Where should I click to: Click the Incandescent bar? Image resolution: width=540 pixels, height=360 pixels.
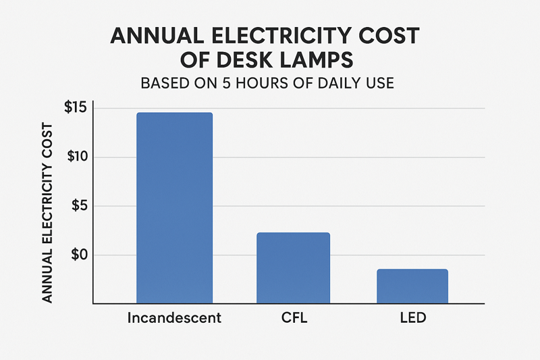point(174,207)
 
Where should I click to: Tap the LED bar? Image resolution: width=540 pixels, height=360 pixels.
point(412,286)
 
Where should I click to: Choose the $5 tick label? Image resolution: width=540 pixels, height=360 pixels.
point(84,206)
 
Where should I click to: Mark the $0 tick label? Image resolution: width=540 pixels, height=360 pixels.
point(84,255)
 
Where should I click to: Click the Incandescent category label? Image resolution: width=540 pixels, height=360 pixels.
point(174,317)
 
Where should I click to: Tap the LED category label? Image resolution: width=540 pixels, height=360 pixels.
point(412,317)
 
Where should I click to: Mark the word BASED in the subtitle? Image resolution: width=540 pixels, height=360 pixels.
point(163,84)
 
